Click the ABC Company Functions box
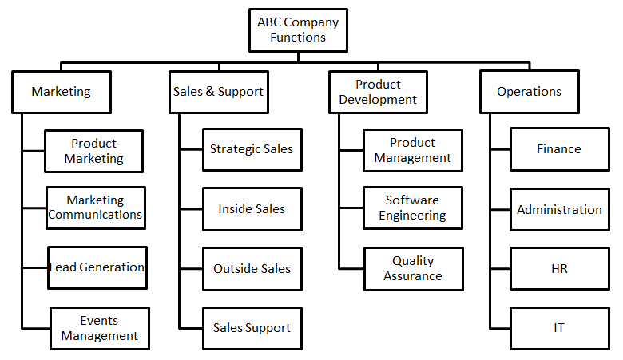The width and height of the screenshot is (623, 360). tap(298, 30)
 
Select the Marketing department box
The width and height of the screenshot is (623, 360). tap(62, 92)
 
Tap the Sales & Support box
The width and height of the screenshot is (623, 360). tap(219, 92)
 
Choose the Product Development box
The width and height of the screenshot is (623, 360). tap(379, 92)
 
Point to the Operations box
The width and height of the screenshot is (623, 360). tap(530, 92)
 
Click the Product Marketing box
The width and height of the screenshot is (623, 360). tap(93, 151)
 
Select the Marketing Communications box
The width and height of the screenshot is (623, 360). tap(96, 208)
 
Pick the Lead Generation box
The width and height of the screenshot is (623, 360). tap(97, 267)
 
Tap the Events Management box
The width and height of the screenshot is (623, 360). tap(100, 328)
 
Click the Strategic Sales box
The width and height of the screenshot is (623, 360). tap(252, 149)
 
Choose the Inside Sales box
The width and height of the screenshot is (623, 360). tap(252, 209)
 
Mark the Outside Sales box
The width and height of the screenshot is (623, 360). tap(252, 269)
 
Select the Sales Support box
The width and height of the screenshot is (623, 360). tap(252, 328)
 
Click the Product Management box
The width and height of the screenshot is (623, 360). tap(413, 150)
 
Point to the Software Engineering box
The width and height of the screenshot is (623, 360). tap(413, 208)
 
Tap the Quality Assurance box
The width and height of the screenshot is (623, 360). tap(414, 269)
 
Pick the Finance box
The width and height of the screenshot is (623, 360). tap(559, 149)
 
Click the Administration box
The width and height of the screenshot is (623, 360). tap(559, 210)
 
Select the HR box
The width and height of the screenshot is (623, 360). tap(559, 269)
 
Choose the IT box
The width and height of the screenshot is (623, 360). tap(559, 328)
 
